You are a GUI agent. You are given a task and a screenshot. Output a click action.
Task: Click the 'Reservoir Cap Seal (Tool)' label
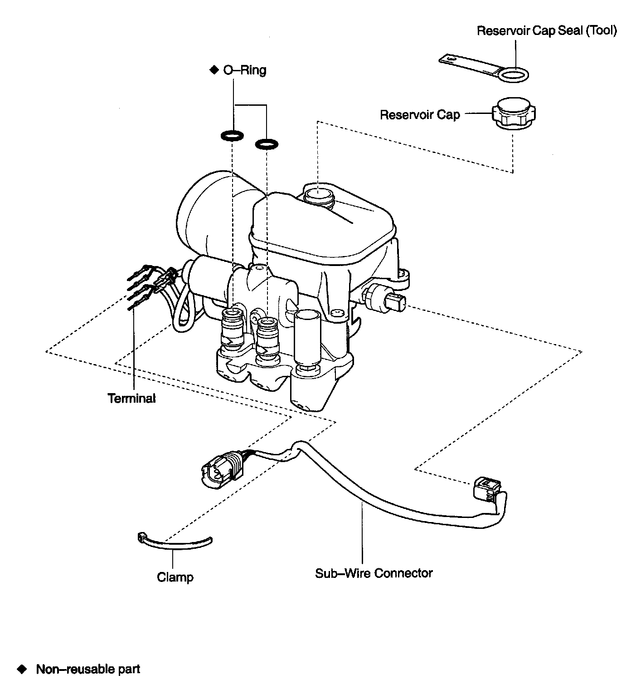tap(547, 31)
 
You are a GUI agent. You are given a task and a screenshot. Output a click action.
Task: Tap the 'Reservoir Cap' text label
tap(420, 114)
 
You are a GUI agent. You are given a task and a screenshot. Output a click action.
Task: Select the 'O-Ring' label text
tap(244, 70)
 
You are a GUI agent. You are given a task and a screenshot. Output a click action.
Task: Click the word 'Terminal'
tap(131, 398)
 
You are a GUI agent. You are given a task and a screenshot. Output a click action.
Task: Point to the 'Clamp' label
tap(175, 577)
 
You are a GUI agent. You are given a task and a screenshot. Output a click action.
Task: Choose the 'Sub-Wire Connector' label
tap(374, 573)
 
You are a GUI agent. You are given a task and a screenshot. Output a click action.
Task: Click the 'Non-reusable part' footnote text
tap(88, 669)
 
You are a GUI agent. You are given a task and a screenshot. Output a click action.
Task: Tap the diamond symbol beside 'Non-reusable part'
tap(22, 669)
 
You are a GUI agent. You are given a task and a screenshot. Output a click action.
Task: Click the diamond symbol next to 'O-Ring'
tap(214, 70)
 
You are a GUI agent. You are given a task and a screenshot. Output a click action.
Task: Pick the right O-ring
tap(267, 144)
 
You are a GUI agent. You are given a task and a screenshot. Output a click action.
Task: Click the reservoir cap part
tap(514, 114)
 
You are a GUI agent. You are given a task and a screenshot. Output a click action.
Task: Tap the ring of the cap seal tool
tap(515, 75)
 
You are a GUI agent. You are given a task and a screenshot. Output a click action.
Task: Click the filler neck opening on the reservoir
tap(319, 196)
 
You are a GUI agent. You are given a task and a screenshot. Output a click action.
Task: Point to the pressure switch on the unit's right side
tap(385, 298)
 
